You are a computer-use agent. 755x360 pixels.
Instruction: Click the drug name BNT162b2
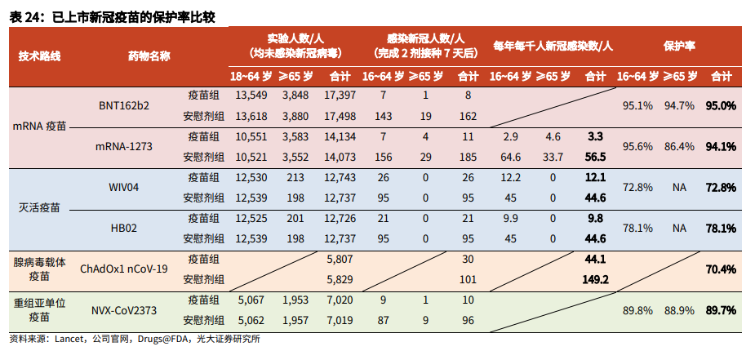tap(124, 105)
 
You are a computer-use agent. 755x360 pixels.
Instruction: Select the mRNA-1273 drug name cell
tap(124, 147)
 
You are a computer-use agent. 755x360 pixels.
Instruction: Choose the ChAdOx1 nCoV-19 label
tap(124, 269)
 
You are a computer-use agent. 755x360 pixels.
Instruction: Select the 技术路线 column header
tap(39, 56)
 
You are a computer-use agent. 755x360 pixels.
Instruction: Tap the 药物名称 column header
tap(149, 56)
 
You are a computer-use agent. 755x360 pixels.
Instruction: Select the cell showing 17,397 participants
tap(340, 96)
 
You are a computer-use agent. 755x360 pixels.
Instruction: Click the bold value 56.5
tap(595, 157)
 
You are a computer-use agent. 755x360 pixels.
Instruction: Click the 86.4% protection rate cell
tap(679, 147)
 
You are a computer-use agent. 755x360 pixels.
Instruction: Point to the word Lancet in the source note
tap(70, 339)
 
